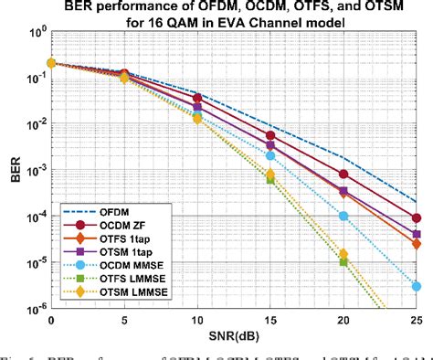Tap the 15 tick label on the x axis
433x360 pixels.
click(269, 323)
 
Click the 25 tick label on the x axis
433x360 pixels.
click(416, 323)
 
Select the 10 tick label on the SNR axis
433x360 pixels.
click(196, 323)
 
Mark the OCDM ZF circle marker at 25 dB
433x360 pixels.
click(417, 218)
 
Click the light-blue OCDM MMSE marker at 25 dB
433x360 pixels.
click(417, 286)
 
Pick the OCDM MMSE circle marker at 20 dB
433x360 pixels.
click(343, 217)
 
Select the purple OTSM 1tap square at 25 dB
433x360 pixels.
click(417, 235)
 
